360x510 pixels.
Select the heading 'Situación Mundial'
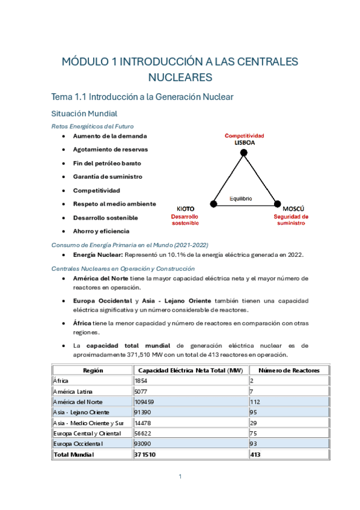click(x=85, y=113)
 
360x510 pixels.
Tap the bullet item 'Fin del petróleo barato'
click(x=107, y=163)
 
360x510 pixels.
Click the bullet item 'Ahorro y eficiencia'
click(x=101, y=231)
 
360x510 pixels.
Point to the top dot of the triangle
click(x=244, y=153)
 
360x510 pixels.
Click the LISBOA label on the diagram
click(x=245, y=143)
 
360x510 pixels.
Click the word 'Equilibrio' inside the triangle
click(x=241, y=198)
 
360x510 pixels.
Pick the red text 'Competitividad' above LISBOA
click(x=245, y=136)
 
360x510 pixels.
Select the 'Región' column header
click(x=93, y=370)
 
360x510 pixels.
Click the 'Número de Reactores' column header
click(x=289, y=370)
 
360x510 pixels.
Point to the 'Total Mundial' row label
click(x=73, y=455)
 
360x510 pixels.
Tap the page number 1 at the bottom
click(x=180, y=476)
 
